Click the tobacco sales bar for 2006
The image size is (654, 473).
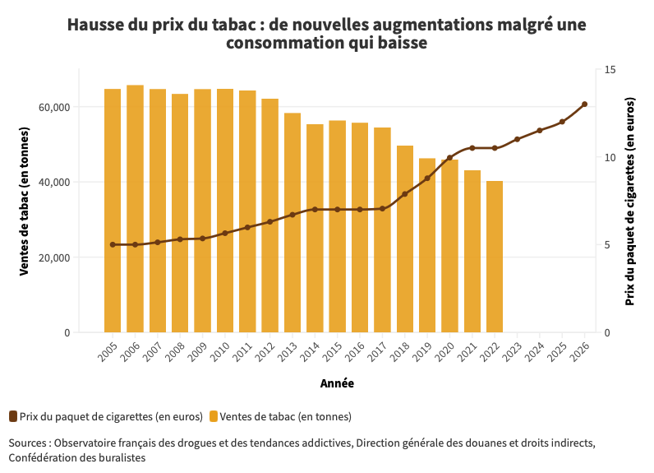(135, 209)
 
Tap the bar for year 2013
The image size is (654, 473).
(292, 222)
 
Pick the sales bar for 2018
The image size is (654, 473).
(405, 239)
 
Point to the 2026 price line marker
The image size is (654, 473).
(584, 104)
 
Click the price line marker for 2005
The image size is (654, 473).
(113, 244)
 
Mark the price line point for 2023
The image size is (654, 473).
(517, 140)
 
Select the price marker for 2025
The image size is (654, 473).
(562, 122)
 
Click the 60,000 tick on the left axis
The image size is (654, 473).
(54, 108)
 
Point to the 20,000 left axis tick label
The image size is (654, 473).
(54, 257)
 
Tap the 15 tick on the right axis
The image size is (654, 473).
(609, 70)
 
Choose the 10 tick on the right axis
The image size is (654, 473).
(609, 158)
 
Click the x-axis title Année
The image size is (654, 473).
(337, 383)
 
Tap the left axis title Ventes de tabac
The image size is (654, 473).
(25, 202)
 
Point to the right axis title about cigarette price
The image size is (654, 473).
(630, 202)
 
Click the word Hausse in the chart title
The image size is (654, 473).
(95, 25)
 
